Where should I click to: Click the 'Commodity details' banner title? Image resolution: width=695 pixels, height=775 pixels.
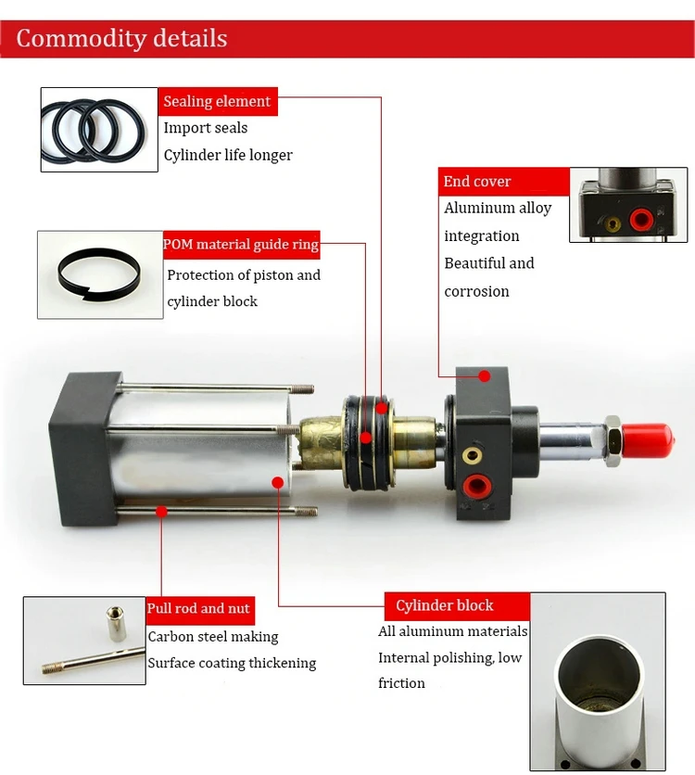(x=121, y=39)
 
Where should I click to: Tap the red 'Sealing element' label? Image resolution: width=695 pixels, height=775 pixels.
(x=217, y=101)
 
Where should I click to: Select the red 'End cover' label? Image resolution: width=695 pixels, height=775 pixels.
(x=477, y=181)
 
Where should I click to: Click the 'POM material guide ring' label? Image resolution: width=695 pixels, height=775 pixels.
(x=241, y=245)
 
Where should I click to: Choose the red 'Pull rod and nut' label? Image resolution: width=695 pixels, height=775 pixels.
(x=198, y=609)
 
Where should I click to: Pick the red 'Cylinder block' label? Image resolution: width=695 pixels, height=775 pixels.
(x=445, y=606)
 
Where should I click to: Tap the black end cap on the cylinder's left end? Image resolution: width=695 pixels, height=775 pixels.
(x=82, y=449)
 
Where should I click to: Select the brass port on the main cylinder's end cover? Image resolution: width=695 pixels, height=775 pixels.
(x=474, y=454)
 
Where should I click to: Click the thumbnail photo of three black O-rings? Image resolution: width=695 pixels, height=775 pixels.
(x=99, y=129)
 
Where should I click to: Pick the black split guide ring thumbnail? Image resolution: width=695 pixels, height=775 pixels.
(x=99, y=274)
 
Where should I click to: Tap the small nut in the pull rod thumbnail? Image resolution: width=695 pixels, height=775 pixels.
(x=117, y=617)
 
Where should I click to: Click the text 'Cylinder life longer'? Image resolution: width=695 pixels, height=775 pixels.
(x=228, y=155)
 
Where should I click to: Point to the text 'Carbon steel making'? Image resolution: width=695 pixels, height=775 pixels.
(x=213, y=637)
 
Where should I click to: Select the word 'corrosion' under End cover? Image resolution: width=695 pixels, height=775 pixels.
(x=476, y=291)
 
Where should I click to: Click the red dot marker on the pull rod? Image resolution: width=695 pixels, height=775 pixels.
(x=161, y=510)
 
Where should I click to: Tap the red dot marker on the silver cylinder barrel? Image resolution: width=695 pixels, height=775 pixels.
(x=278, y=481)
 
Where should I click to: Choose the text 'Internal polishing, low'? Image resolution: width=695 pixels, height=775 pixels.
(x=449, y=657)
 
